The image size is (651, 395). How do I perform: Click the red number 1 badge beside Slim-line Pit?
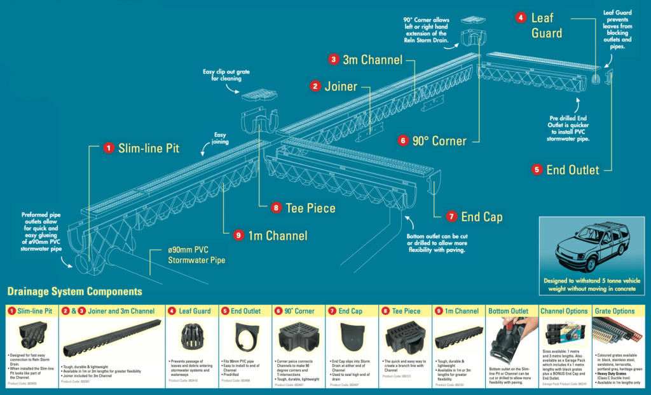tap(109, 148)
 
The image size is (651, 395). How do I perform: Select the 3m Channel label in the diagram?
tap(373, 60)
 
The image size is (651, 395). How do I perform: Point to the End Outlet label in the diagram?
tap(572, 170)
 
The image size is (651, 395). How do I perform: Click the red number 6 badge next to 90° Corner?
tap(403, 140)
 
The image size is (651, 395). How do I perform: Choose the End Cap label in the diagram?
tap(481, 217)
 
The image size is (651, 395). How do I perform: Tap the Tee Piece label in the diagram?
tap(311, 208)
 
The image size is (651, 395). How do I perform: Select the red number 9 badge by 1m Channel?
tap(238, 235)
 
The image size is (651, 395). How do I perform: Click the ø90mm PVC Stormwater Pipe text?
tap(196, 255)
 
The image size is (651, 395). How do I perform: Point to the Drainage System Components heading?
tap(74, 292)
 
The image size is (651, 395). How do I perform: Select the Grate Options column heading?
tap(614, 311)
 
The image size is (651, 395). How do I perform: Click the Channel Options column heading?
tap(564, 311)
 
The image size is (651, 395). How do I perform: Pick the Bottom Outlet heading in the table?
tap(511, 311)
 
